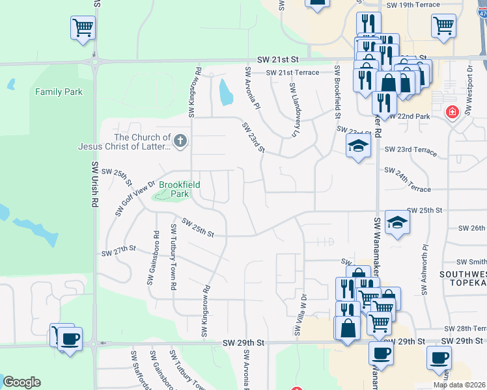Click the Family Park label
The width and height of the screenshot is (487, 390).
point(59,92)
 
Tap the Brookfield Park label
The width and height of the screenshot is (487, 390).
point(179,189)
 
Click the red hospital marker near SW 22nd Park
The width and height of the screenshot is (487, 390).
point(451,112)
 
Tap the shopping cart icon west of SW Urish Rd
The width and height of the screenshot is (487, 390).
point(83,28)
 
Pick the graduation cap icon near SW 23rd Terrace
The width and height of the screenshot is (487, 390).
point(357,146)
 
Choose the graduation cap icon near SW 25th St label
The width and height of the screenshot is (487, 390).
point(397,224)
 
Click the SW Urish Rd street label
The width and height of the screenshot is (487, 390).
point(95,184)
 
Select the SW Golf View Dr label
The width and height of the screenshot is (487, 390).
point(134,198)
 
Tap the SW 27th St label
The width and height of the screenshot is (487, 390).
point(118,250)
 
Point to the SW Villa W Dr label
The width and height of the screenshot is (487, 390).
point(300,315)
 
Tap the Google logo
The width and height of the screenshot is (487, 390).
point(21,382)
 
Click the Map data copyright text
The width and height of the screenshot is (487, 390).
point(459,385)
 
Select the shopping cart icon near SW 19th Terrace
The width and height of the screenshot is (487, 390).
point(443,26)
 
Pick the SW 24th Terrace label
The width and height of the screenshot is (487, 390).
point(408,180)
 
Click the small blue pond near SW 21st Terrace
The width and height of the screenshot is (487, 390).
point(226,92)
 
